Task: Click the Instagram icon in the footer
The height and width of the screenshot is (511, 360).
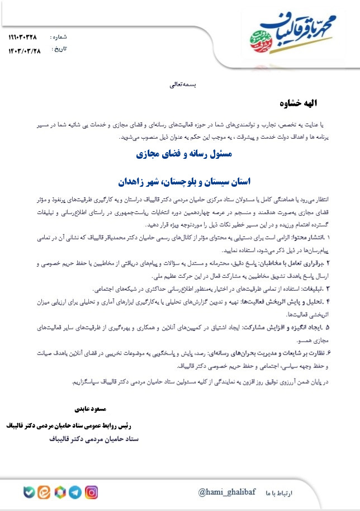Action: point(91,493)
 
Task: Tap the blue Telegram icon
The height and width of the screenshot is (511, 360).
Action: point(75,493)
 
